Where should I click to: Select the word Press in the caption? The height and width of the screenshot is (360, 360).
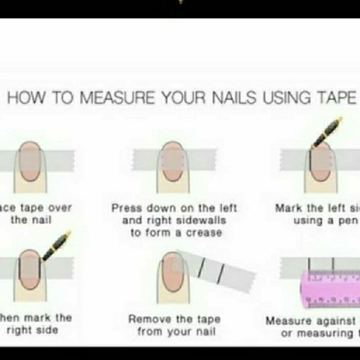coord(124,209)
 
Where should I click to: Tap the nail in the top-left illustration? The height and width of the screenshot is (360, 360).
coord(29,160)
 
